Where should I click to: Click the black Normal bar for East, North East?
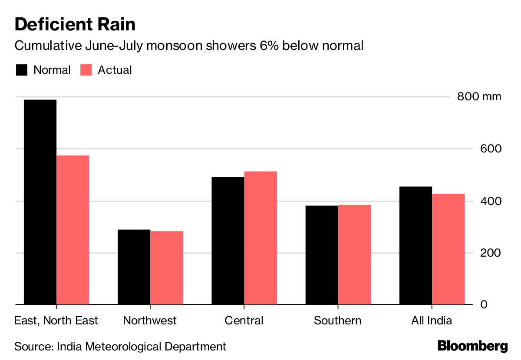pyautogui.click(x=40, y=202)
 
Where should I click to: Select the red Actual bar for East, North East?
pyautogui.click(x=73, y=230)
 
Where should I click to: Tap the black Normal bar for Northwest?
pyautogui.click(x=134, y=267)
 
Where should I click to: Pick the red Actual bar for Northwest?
pyautogui.click(x=166, y=268)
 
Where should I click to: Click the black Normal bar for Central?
pyautogui.click(x=228, y=241)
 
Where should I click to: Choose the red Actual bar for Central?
pyautogui.click(x=260, y=238)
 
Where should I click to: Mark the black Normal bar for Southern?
pyautogui.click(x=322, y=255)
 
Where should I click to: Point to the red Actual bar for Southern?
pyautogui.click(x=354, y=254)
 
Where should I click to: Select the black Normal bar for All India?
pyautogui.click(x=415, y=245)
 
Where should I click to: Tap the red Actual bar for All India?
pyautogui.click(x=448, y=249)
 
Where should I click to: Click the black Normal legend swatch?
pyautogui.click(x=21, y=70)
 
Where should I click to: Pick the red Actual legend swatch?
pyautogui.click(x=86, y=70)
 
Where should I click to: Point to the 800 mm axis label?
pyautogui.click(x=479, y=96)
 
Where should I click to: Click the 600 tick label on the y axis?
pyautogui.click(x=490, y=149)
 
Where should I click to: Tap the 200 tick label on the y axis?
pyautogui.click(x=490, y=253)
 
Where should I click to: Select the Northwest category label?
pyautogui.click(x=150, y=320)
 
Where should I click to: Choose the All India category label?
pyautogui.click(x=432, y=320)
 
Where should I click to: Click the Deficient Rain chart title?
pyautogui.click(x=75, y=24)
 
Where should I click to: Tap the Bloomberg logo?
pyautogui.click(x=472, y=346)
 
